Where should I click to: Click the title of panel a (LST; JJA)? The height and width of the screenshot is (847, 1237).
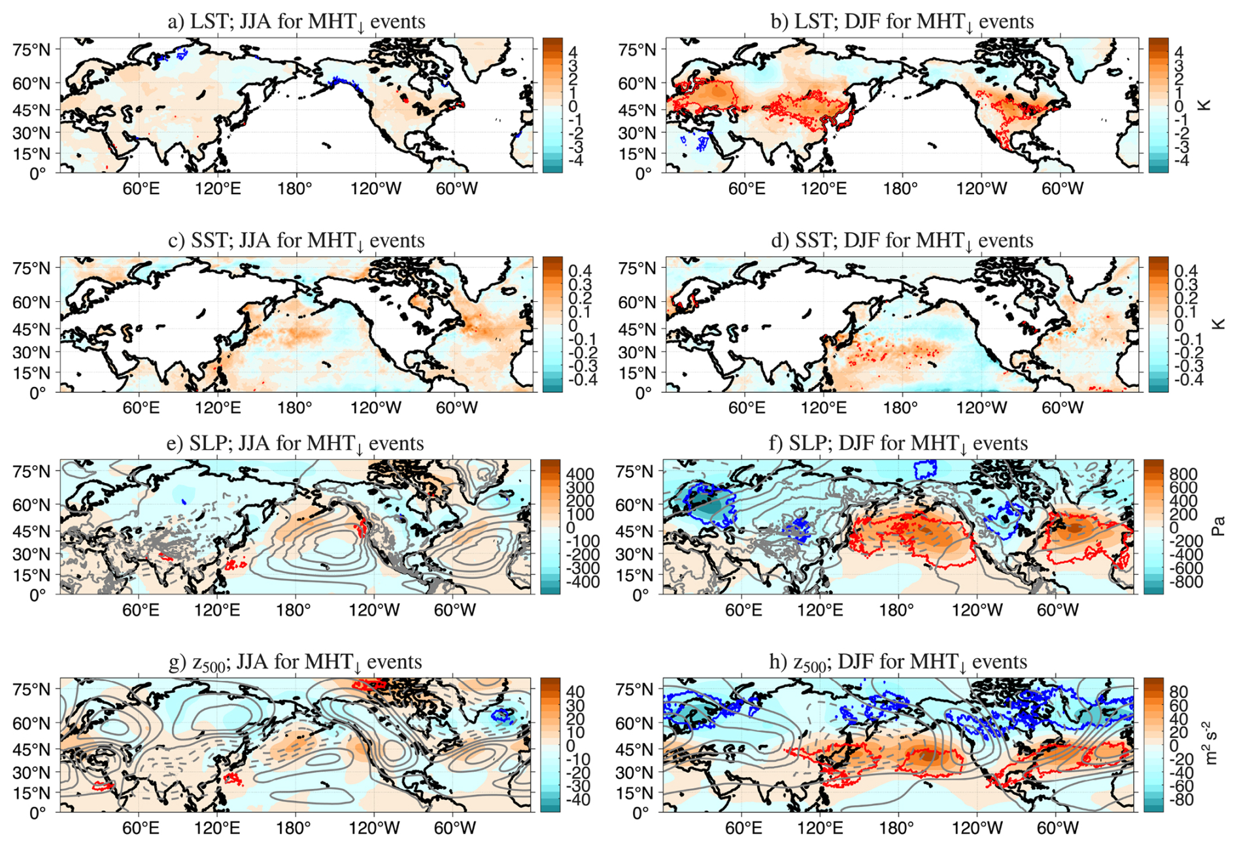tap(296, 22)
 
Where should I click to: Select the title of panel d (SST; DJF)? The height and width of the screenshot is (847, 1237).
tap(902, 241)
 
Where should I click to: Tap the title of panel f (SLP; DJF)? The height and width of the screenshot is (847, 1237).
tap(898, 443)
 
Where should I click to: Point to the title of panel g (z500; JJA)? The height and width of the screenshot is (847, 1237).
tap(295, 662)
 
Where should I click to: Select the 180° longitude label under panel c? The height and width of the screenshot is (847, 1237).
tap(295, 408)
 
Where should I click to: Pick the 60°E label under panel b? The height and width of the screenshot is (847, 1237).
tap(747, 189)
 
